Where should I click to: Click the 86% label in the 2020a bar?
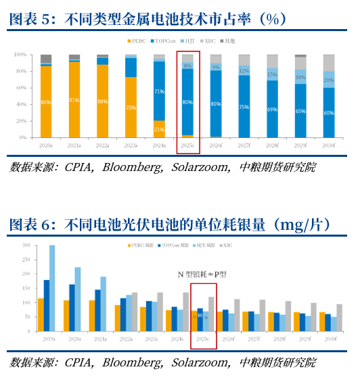click(46, 102)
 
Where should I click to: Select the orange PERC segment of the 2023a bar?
click(131, 108)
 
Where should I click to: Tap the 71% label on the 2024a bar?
click(159, 91)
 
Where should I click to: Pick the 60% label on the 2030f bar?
click(328, 113)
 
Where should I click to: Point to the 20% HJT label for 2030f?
click(328, 80)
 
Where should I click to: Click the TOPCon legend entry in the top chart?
click(166, 41)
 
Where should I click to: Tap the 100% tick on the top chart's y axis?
click(20, 54)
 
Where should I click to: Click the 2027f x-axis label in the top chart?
click(244, 145)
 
